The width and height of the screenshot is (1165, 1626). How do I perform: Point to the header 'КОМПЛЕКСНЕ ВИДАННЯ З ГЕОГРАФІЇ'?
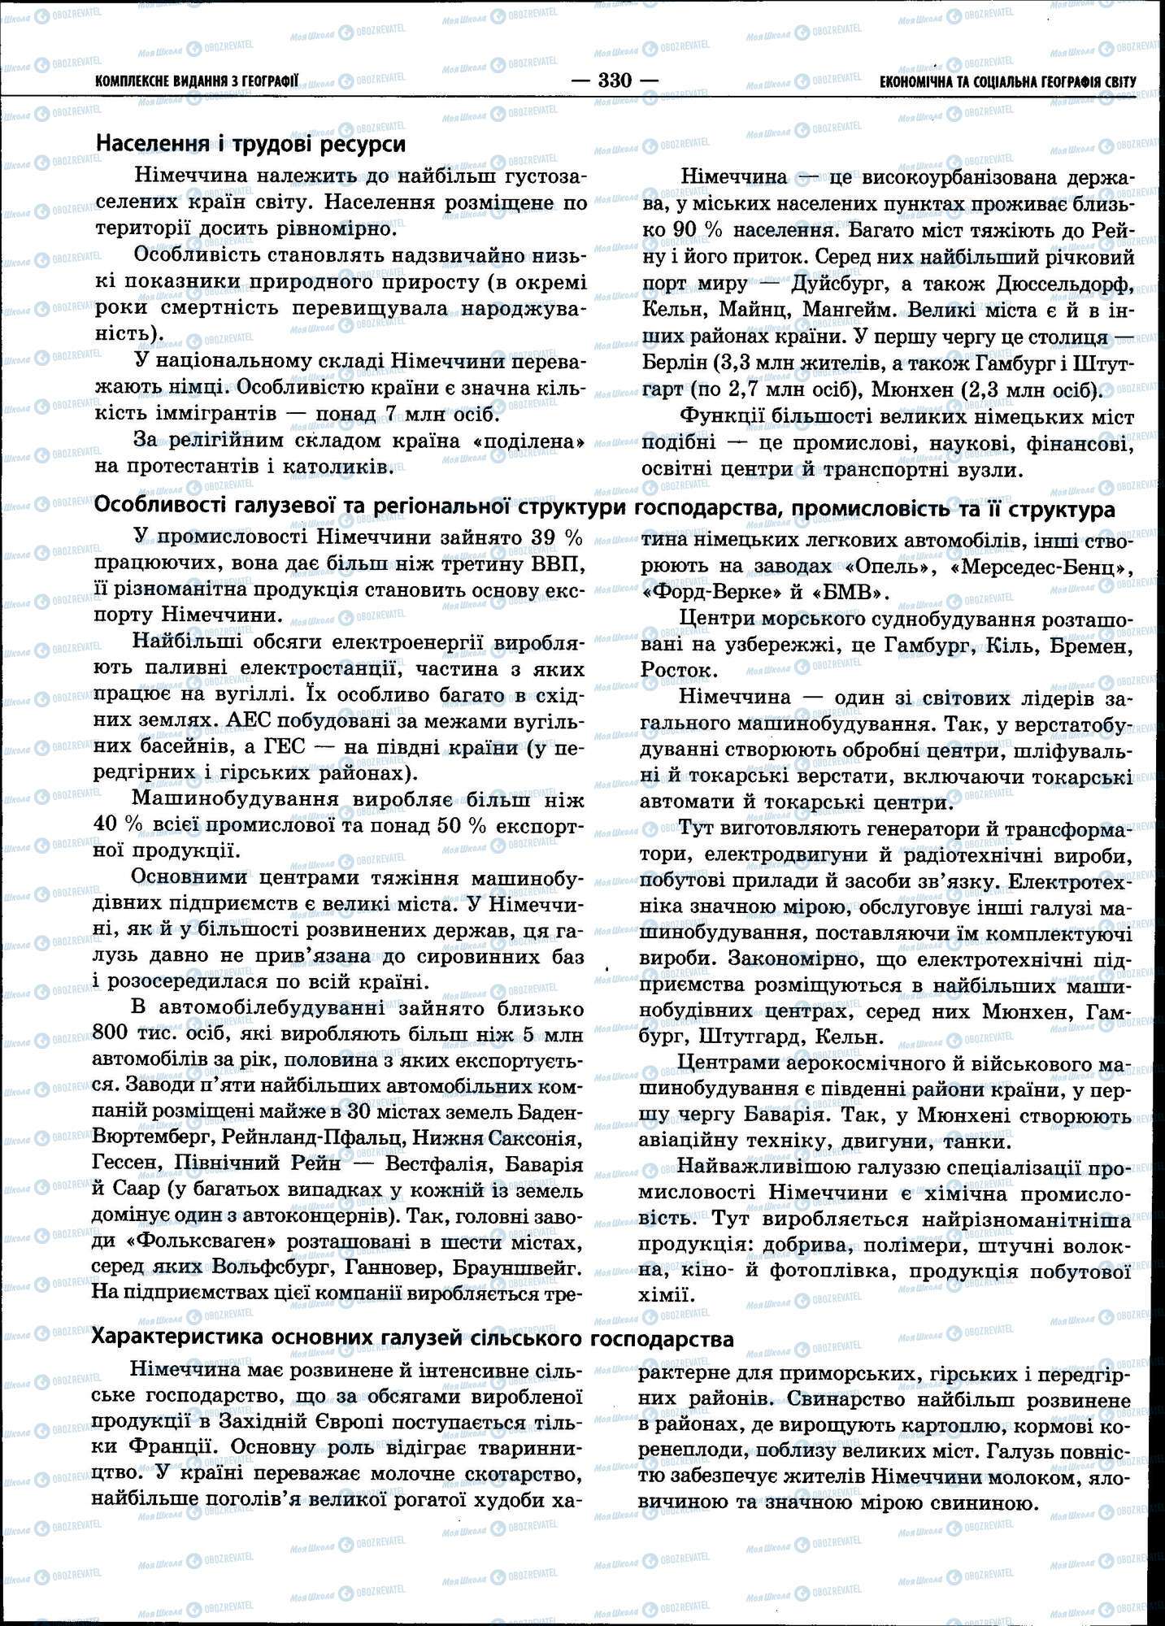coord(197,81)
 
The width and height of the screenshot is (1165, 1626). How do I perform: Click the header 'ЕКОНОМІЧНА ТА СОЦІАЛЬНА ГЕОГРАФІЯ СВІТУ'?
coord(1007,81)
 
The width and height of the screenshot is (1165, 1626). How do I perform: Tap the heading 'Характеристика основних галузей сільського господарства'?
coord(414,1338)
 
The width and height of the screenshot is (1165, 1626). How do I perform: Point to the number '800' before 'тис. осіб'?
coord(114,1035)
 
